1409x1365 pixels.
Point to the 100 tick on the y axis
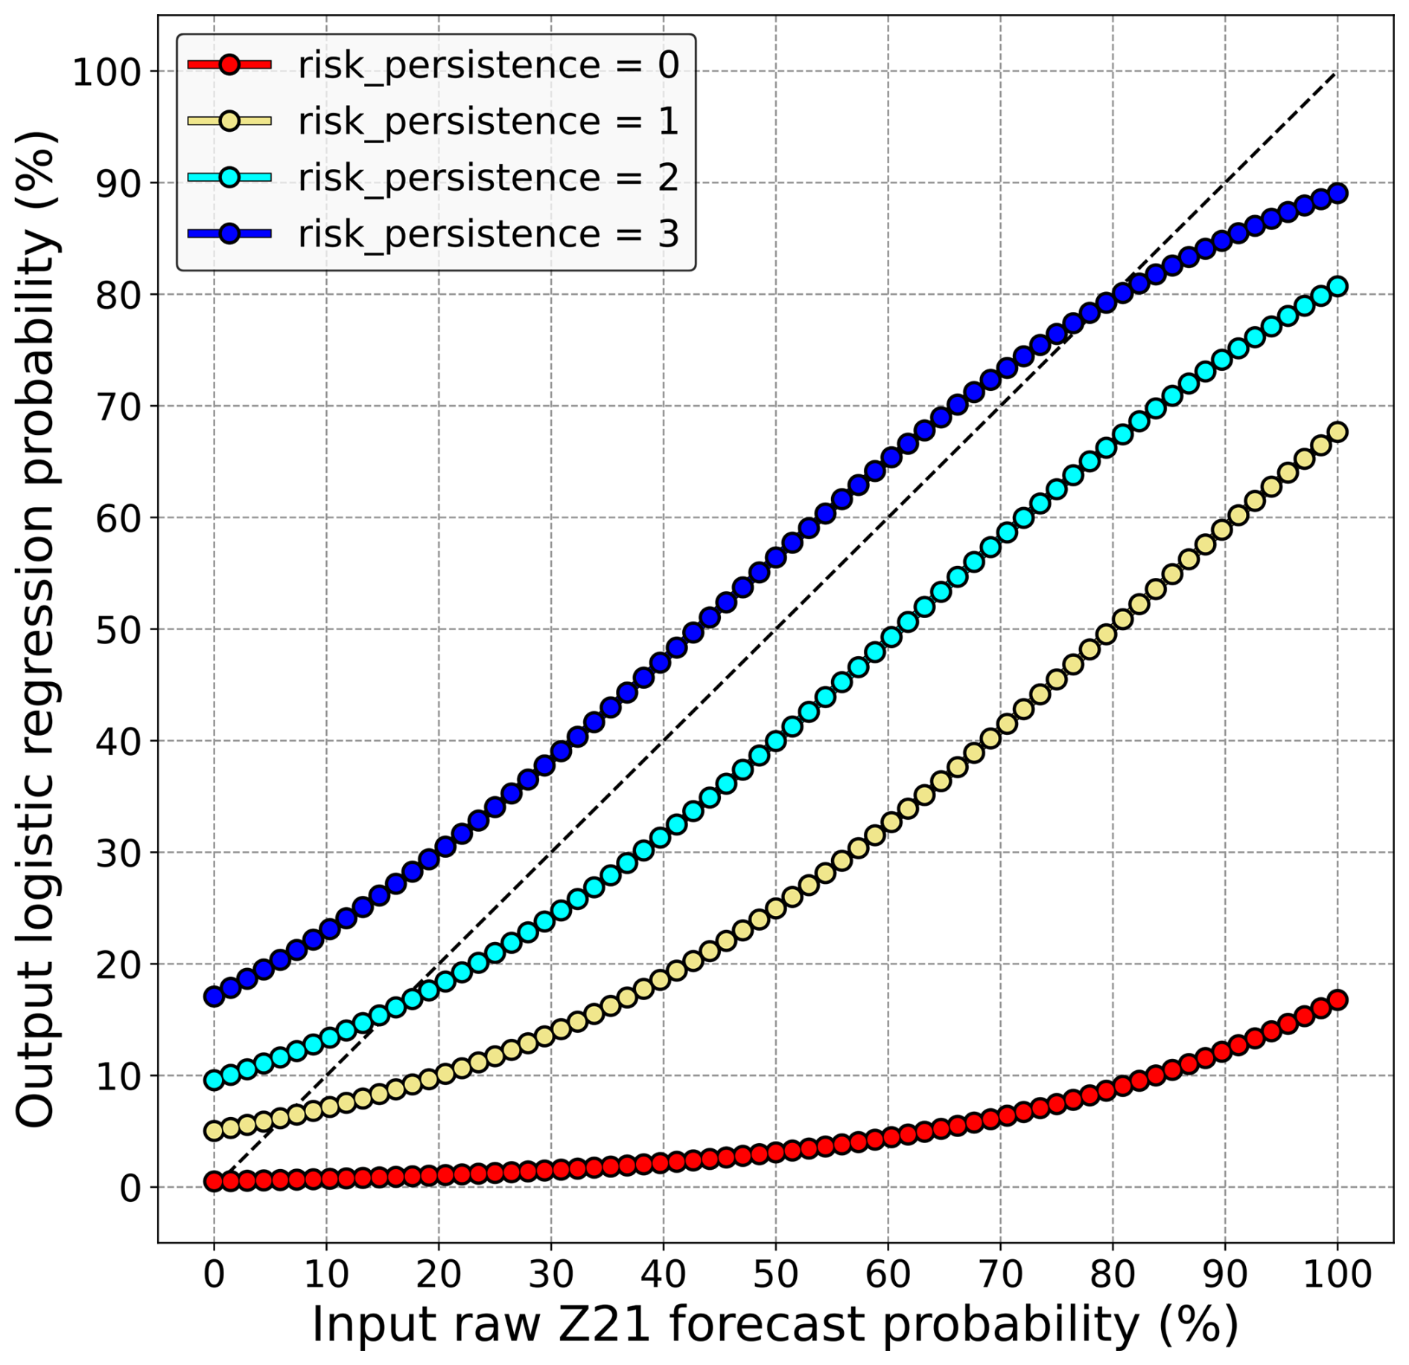106,72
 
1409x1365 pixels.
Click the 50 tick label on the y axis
118,630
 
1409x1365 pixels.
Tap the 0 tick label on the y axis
130,1188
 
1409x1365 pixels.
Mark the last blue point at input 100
1338,194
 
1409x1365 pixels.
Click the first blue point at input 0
214,996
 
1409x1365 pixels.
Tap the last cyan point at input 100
1338,287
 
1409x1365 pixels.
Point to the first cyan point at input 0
214,1080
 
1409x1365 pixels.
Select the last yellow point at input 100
1338,432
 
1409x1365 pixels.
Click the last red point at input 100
1338,1000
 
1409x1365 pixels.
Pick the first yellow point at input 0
214,1130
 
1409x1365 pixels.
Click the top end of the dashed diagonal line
1336,73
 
